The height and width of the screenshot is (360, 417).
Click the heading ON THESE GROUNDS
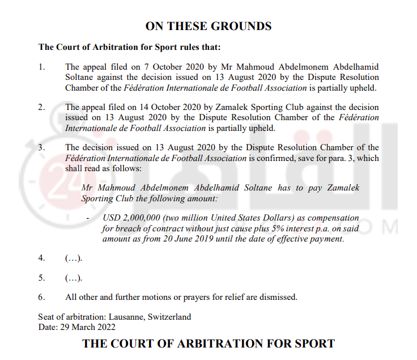pos(208,26)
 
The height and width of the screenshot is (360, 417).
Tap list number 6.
pos(41,297)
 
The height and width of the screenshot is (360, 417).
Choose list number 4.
pos(41,258)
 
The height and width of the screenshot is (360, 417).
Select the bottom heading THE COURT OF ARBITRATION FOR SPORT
pos(208,344)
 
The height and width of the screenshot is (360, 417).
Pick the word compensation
pos(333,218)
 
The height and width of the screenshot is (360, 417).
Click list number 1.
pos(41,67)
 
